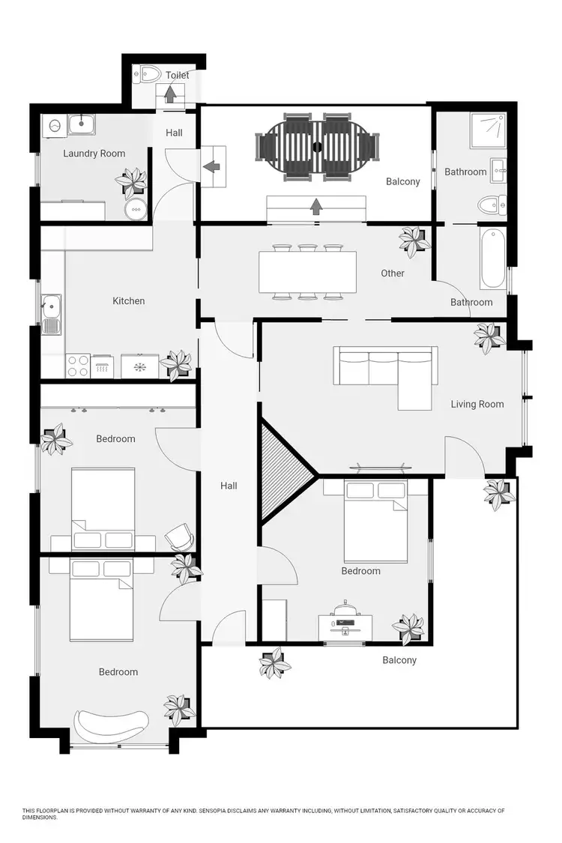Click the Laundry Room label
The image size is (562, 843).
coord(94,154)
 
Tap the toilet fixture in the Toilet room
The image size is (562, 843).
coord(149,73)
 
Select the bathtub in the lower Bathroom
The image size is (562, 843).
coord(492,258)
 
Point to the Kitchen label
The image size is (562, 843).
coord(128,301)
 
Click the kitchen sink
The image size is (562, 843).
coord(51,307)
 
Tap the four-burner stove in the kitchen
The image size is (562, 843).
coord(79,366)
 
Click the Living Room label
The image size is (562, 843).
coord(477,405)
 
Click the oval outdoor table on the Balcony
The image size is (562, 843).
coord(315,146)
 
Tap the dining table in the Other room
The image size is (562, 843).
coord(307,272)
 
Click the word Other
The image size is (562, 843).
coord(393,274)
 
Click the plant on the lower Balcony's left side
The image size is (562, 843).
coord(274,664)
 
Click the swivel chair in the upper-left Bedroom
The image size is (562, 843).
coord(179,536)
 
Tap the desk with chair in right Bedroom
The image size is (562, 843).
coord(345,620)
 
